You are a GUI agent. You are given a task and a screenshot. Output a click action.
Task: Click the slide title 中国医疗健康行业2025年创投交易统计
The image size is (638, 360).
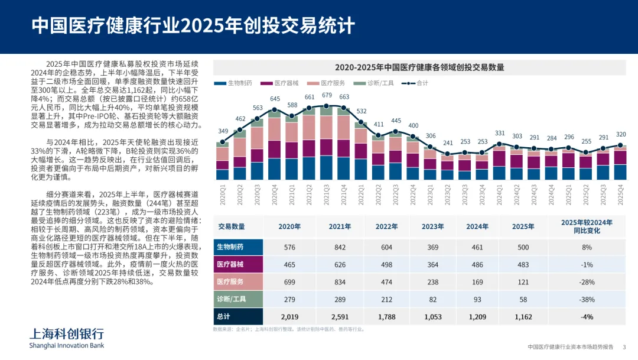click(x=193, y=26)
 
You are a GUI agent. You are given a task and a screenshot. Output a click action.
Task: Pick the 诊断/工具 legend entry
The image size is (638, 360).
click(x=376, y=83)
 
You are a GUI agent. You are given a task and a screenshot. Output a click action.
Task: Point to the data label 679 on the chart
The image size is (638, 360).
click(x=327, y=95)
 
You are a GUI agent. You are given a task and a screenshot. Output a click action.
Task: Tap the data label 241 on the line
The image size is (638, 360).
click(x=448, y=142)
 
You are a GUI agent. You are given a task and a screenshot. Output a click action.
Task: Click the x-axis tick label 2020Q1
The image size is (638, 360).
click(x=223, y=196)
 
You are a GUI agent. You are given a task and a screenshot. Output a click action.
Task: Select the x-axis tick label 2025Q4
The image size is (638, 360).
click(x=621, y=196)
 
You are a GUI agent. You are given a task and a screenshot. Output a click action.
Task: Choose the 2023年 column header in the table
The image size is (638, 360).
click(x=432, y=226)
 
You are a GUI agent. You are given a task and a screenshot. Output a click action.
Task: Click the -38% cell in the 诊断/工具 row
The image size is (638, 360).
click(x=587, y=300)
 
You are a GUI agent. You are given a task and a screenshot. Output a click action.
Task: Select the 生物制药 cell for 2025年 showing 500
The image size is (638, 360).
click(x=523, y=247)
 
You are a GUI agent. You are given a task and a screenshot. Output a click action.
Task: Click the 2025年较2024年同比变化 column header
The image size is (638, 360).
click(x=587, y=226)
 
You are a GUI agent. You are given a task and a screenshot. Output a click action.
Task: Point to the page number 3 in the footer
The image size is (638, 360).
click(x=624, y=347)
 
